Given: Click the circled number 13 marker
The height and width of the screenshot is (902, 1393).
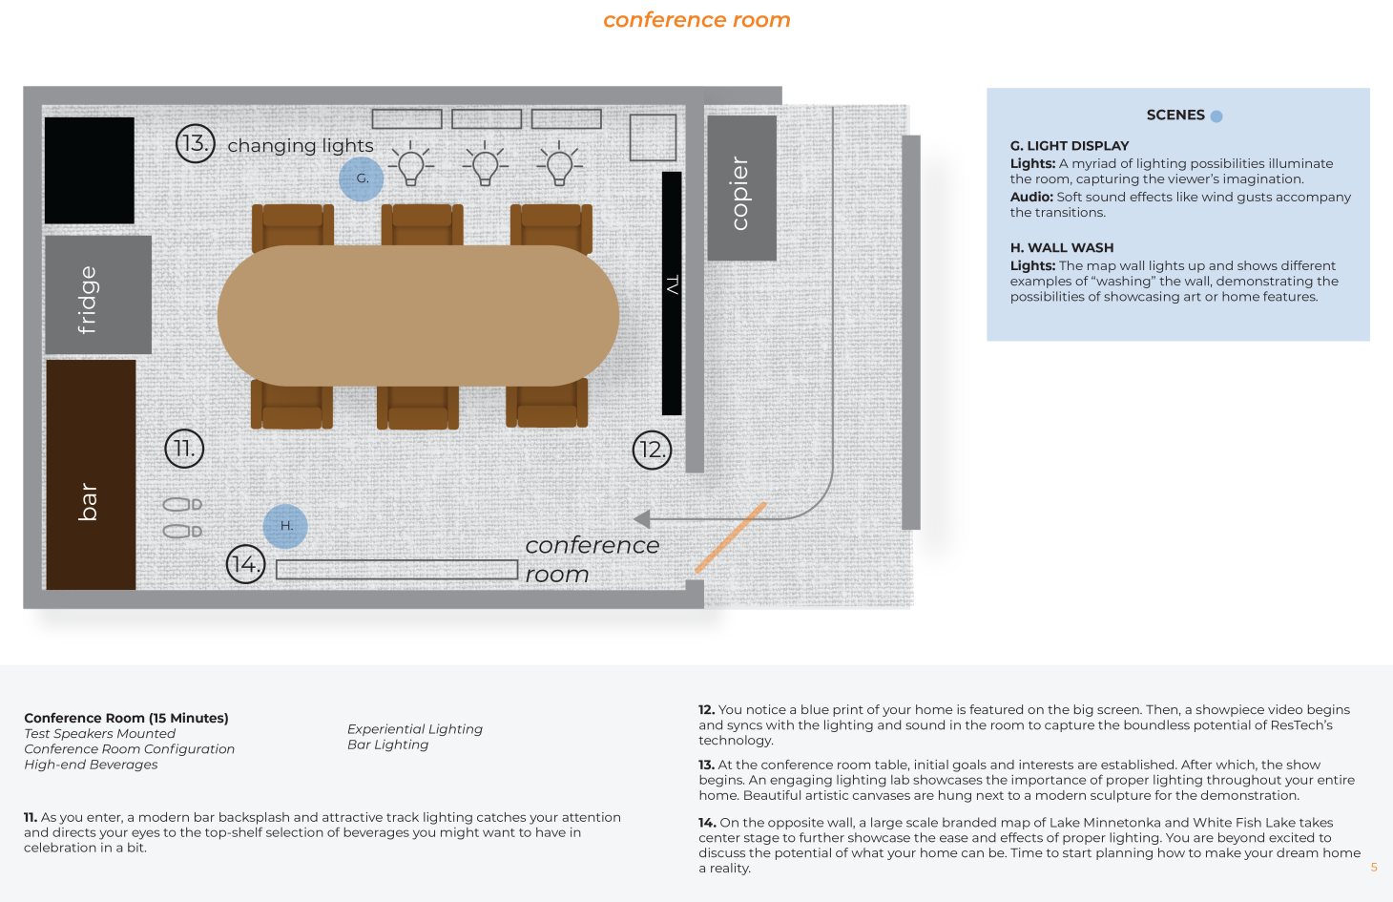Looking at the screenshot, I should point(195,143).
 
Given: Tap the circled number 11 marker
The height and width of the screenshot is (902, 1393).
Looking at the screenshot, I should point(184,449).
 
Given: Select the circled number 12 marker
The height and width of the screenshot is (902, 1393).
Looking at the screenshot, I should point(653,450).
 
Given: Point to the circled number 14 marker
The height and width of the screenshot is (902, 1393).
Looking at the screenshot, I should point(245,564).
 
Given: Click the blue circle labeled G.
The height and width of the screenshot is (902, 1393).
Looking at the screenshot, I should point(362,178).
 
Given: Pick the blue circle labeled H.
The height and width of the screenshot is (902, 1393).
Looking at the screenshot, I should point(285,526).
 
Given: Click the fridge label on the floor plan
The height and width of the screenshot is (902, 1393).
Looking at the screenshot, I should point(88,299).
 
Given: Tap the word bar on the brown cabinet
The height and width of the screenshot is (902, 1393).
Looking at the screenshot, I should point(88,501).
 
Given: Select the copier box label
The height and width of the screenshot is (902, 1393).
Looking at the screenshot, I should point(740,193).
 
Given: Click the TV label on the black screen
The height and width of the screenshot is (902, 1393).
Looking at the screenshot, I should point(673,284).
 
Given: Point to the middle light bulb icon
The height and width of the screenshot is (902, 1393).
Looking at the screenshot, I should point(486,164).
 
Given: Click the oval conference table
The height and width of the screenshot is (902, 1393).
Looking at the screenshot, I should point(418,315).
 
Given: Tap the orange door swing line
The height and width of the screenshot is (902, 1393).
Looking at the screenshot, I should point(731,537).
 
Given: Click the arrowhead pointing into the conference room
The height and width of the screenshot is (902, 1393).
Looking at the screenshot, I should point(642,519).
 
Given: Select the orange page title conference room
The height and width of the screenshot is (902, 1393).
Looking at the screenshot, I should point(696,20).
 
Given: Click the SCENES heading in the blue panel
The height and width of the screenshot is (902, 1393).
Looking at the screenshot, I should point(1175,115).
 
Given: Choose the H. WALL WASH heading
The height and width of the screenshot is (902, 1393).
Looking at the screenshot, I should point(1062,247).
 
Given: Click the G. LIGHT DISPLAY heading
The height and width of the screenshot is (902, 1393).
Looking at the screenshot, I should point(1070,146).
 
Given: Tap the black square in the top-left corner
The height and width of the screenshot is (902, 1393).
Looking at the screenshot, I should point(90,170).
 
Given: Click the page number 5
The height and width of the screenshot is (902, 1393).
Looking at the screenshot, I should point(1374,868).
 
